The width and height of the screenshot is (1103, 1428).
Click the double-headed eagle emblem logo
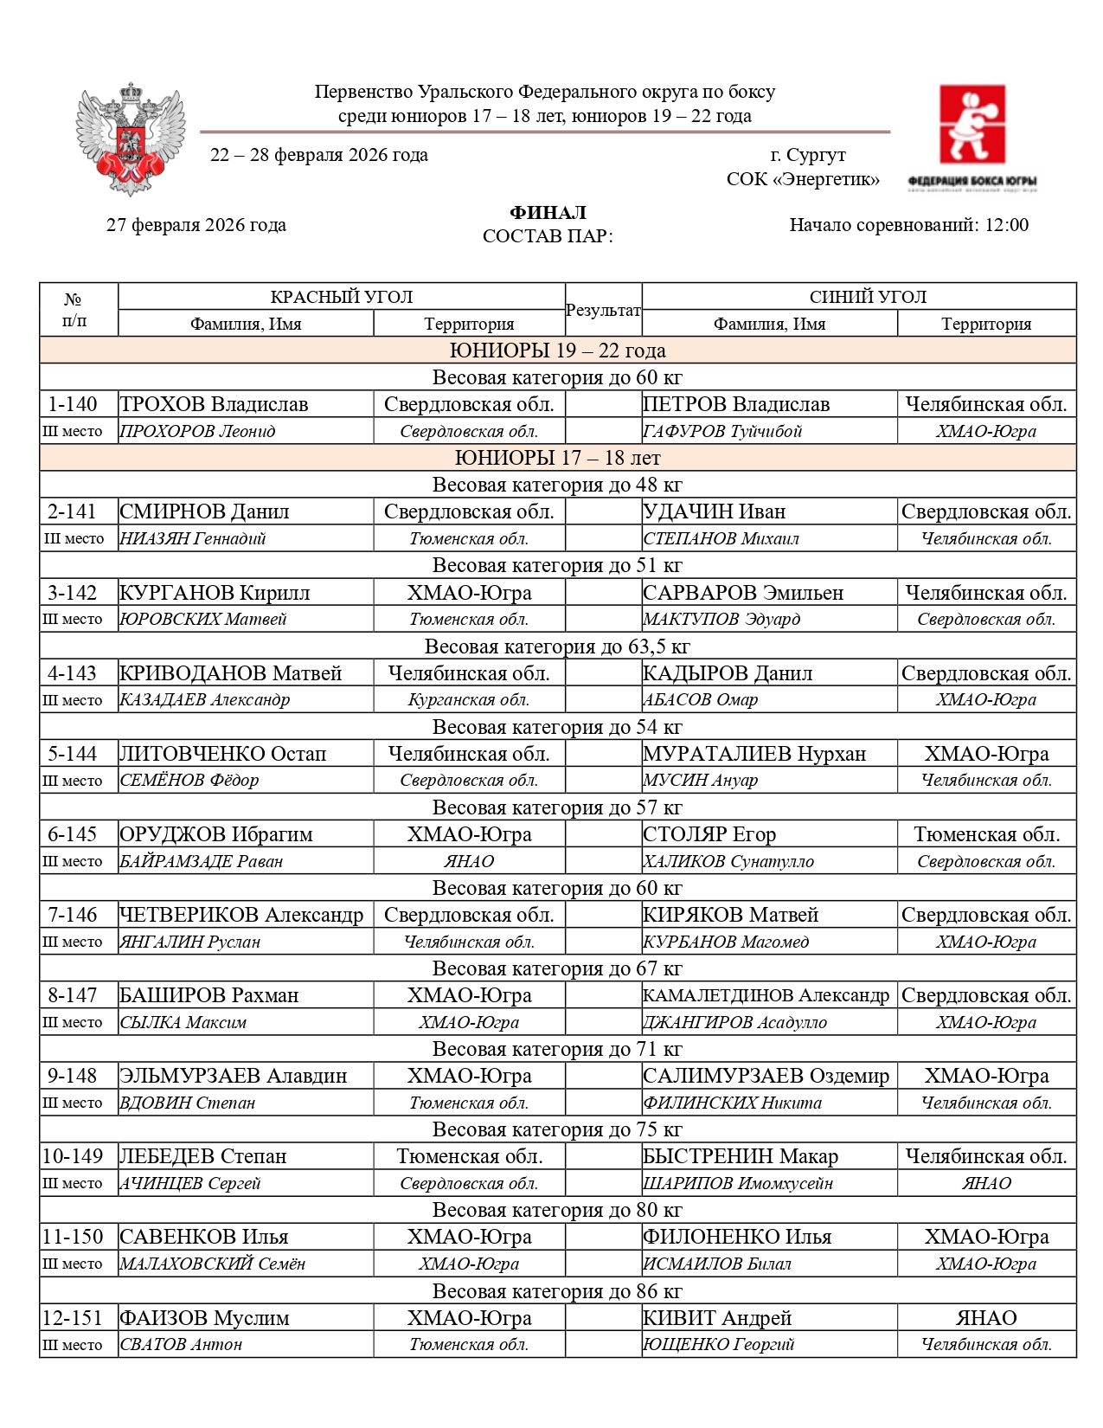coord(131,138)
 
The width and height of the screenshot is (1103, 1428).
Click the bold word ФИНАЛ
coord(548,213)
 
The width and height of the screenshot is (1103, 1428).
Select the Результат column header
coord(603,310)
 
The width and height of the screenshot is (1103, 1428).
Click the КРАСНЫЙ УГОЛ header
coord(341,297)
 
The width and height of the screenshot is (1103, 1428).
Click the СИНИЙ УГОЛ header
coord(867,297)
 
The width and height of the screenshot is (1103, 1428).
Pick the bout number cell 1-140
coord(73,404)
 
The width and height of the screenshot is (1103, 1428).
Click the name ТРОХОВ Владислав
coord(214,404)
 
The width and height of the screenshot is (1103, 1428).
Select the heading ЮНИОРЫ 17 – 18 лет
coord(557,458)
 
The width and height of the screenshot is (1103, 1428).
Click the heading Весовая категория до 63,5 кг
coord(557,646)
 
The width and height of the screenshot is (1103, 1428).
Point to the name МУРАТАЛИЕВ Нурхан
coord(754,754)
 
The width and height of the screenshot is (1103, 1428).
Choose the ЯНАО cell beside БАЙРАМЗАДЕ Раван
coord(469,861)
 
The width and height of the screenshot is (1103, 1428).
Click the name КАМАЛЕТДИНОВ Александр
coord(766,995)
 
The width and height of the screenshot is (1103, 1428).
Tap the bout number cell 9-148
coord(73,1076)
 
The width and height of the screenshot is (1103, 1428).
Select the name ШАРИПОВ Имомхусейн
coord(738,1183)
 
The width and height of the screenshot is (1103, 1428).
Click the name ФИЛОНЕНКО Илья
coord(737,1237)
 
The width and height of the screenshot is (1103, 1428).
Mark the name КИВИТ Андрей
coord(717,1318)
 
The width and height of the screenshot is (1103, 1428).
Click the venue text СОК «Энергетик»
coord(802,179)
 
